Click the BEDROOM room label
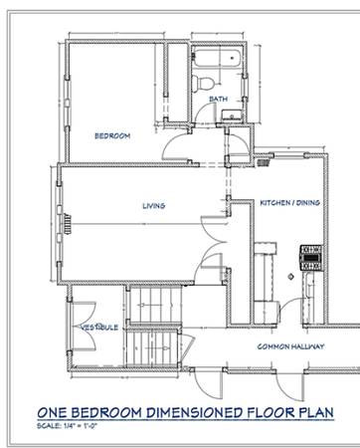click(x=112, y=135)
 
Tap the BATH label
click(x=219, y=99)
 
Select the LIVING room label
click(x=154, y=206)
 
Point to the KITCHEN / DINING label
click(x=289, y=202)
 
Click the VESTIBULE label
click(x=100, y=328)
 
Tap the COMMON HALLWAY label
click(x=290, y=346)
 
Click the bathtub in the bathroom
click(x=217, y=59)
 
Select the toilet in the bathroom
click(x=203, y=83)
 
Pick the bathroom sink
click(x=232, y=115)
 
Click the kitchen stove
click(x=311, y=258)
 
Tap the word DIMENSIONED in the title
click(x=195, y=412)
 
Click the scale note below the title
click(x=67, y=426)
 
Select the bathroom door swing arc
click(x=204, y=112)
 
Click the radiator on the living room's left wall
click(x=68, y=224)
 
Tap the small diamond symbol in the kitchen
click(x=290, y=276)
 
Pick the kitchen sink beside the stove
click(x=309, y=288)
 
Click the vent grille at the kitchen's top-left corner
click(x=264, y=162)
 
